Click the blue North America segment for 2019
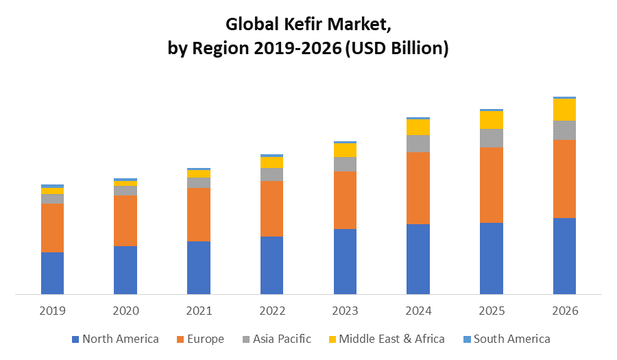[x=52, y=273]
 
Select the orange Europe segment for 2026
[x=564, y=178]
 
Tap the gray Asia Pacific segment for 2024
[x=418, y=143]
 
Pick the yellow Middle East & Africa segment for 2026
[x=564, y=110]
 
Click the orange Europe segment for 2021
[x=199, y=214]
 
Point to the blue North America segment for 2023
[x=345, y=261]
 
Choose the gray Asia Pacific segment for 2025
[x=492, y=138]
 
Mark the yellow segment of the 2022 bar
[x=271, y=163]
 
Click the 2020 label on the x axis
[x=125, y=311]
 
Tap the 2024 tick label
[x=418, y=311]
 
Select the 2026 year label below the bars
[x=564, y=311]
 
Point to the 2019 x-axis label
[x=52, y=311]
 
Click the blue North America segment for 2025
[x=492, y=259]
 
